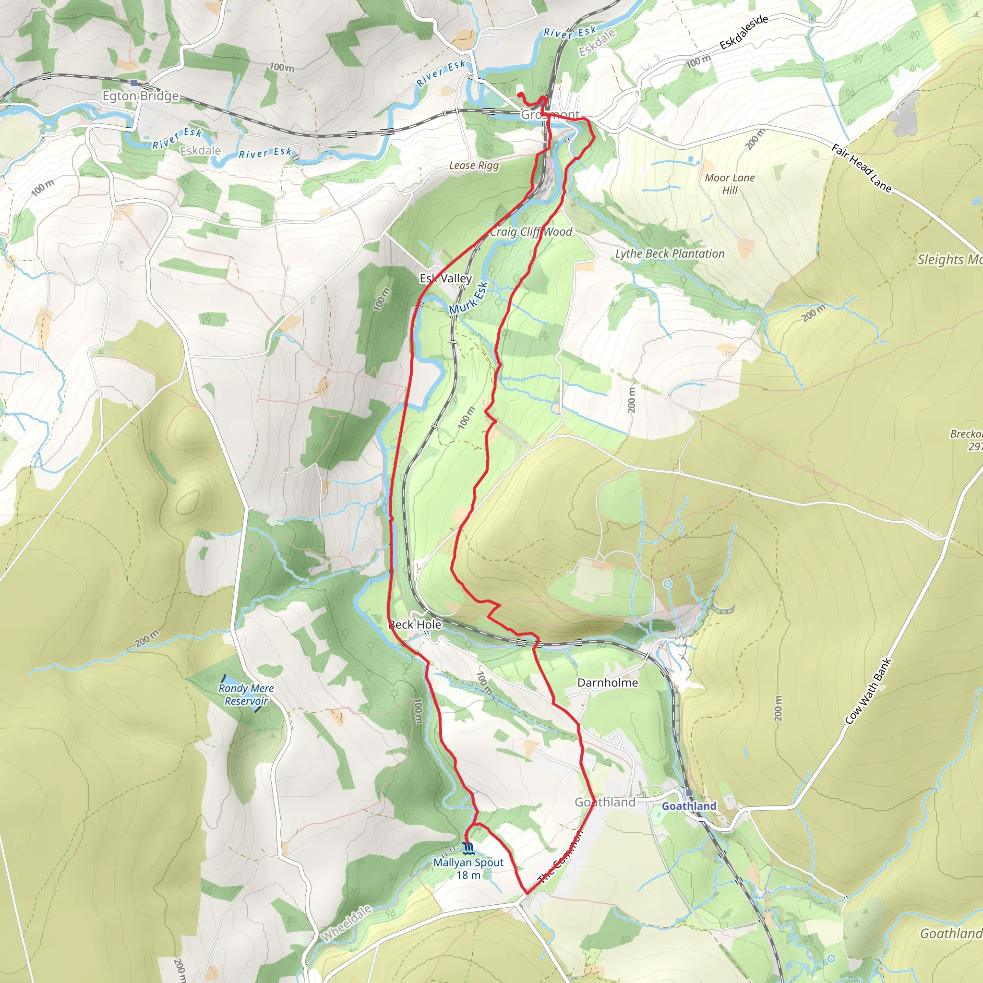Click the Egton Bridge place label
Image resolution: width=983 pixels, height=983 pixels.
[x=141, y=96]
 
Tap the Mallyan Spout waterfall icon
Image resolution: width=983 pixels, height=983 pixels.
[x=468, y=848]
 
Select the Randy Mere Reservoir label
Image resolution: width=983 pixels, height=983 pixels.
[x=246, y=695]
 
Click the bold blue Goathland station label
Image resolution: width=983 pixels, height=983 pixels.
[x=689, y=806]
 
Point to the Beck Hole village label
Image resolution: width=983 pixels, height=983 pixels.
[x=415, y=624]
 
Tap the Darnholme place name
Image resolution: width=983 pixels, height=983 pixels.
[x=607, y=683]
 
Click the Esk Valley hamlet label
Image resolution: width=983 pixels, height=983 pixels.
[x=446, y=278]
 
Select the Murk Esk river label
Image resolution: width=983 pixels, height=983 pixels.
[x=468, y=298]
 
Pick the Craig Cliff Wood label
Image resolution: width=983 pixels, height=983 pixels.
[x=531, y=232]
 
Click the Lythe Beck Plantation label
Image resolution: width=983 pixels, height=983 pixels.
[x=670, y=253]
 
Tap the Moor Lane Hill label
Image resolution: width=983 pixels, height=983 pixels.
[x=730, y=184]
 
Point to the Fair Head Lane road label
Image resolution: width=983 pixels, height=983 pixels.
[x=862, y=168]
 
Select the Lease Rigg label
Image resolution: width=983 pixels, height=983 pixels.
[x=474, y=166]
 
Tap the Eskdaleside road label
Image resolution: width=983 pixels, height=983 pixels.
[x=743, y=32]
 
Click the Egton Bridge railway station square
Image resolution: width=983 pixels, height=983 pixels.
[x=133, y=83]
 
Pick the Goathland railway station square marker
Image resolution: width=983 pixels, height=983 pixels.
[x=689, y=793]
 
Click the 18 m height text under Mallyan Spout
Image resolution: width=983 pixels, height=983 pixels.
[x=468, y=875]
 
